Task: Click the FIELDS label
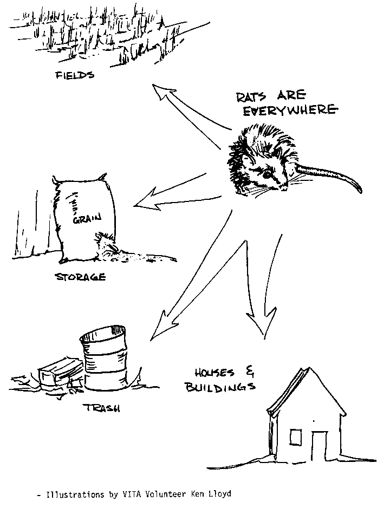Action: pyautogui.click(x=75, y=75)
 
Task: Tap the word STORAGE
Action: pyautogui.click(x=81, y=277)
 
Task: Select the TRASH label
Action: pyautogui.click(x=103, y=407)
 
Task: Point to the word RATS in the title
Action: pyautogui.click(x=251, y=97)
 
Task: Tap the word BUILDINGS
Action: pyautogui.click(x=220, y=387)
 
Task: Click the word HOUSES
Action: pyautogui.click(x=214, y=373)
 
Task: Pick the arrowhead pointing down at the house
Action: pyautogui.click(x=263, y=322)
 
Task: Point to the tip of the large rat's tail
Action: pyautogui.click(x=361, y=192)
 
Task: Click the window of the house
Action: pyautogui.click(x=295, y=437)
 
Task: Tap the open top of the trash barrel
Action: pyautogui.click(x=103, y=336)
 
